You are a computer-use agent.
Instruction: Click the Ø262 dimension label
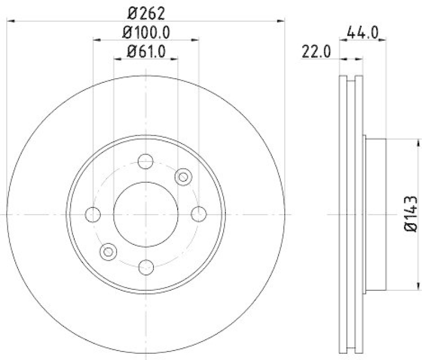click(x=146, y=12)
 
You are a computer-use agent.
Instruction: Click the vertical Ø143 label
click(x=411, y=214)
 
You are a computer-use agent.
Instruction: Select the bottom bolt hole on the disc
click(x=146, y=267)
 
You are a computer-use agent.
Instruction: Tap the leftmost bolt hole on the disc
click(x=93, y=214)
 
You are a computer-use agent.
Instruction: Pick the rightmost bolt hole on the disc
click(x=198, y=214)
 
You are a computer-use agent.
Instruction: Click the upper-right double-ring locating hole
click(x=183, y=177)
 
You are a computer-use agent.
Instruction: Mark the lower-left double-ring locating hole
click(x=108, y=251)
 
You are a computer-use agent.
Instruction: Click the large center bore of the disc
click(x=146, y=214)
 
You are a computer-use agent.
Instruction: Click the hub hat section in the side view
click(x=376, y=214)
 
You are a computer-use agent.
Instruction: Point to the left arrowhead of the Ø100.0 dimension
click(x=96, y=40)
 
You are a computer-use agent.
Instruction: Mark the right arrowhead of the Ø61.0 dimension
click(x=175, y=59)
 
